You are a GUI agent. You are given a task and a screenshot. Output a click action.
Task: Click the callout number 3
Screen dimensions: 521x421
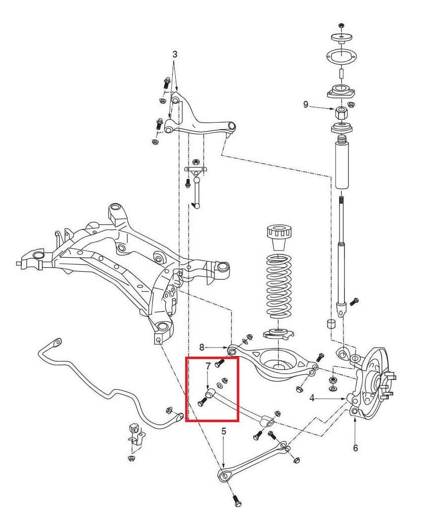[175, 55]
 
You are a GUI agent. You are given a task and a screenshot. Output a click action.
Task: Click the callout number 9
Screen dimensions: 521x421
[306, 104]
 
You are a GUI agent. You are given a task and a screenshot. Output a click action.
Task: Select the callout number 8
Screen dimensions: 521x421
[202, 347]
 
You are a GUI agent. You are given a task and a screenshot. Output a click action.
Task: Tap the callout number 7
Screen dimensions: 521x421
[209, 366]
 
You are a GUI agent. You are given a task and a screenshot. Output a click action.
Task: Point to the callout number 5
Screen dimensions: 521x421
[224, 431]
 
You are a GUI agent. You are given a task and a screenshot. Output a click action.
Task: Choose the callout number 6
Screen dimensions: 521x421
[355, 447]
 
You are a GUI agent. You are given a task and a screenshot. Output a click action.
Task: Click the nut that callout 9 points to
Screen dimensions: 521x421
[341, 112]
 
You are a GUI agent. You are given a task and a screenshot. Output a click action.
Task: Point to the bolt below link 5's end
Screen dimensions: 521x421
[236, 501]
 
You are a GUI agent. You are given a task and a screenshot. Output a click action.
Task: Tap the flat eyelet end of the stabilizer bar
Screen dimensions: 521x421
[57, 342]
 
